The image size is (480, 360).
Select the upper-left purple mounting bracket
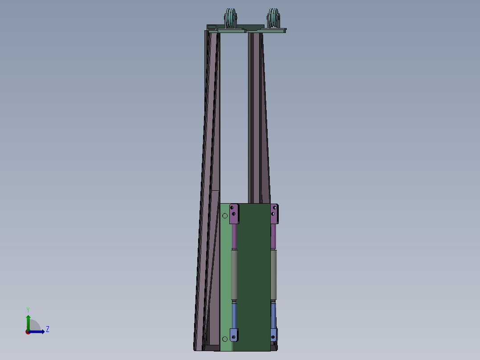[234, 213]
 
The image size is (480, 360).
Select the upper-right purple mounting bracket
[275, 213]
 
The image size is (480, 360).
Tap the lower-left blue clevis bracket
[234, 335]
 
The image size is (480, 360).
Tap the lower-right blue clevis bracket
[274, 335]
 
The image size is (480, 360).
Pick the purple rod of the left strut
[234, 236]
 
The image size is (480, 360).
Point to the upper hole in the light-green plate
[225, 216]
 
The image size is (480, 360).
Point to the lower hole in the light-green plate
[224, 340]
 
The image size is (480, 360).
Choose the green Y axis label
[28, 309]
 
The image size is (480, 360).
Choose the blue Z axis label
[48, 329]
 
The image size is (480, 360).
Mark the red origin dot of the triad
[28, 332]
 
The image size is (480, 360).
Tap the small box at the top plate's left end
[211, 27]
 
